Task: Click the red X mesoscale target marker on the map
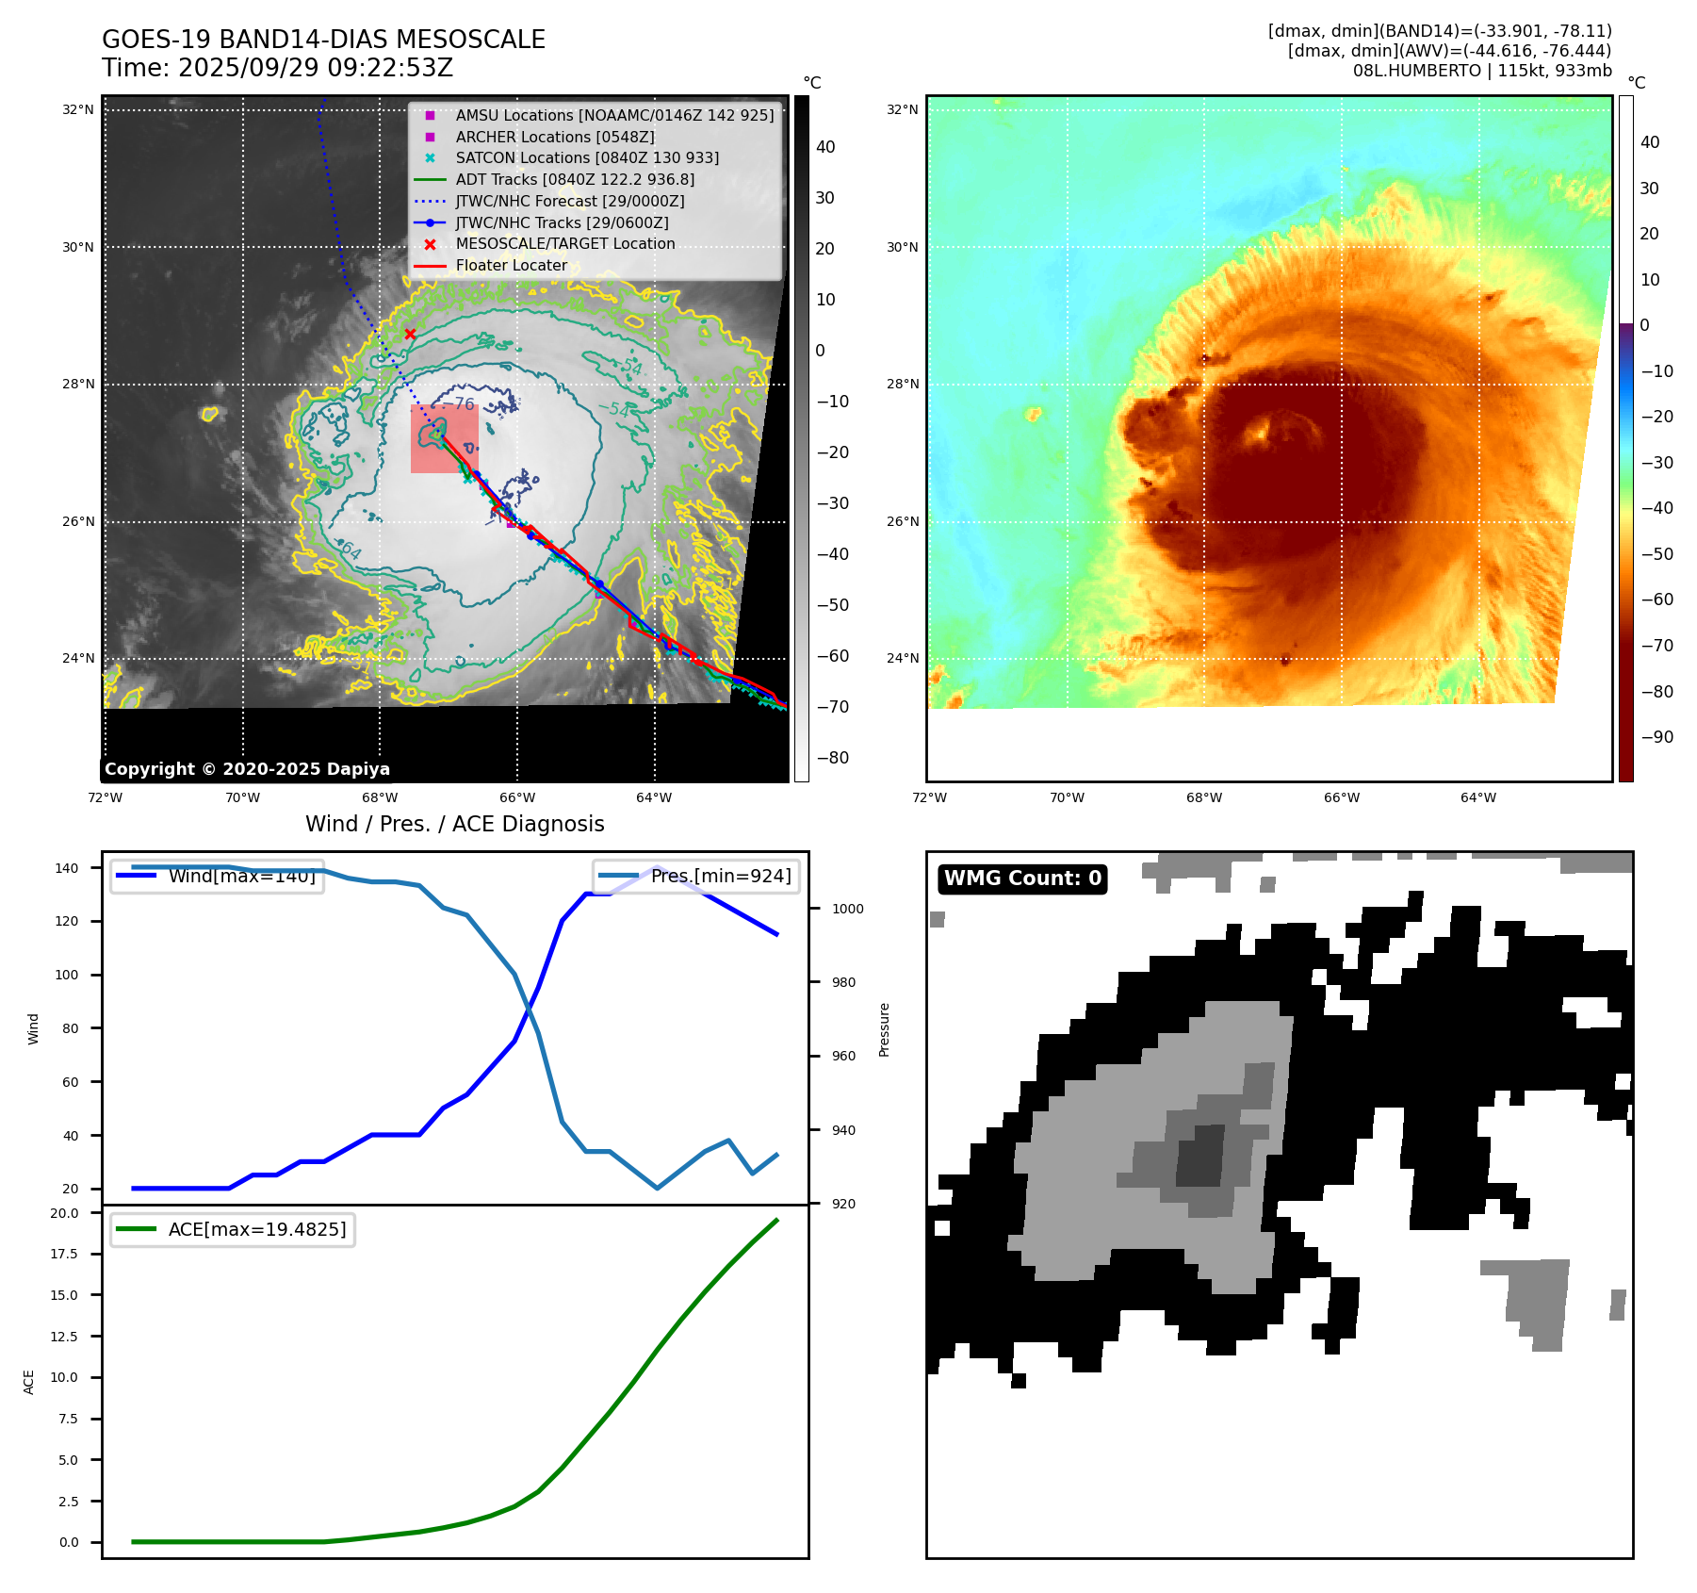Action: point(410,334)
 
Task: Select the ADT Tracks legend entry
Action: point(575,179)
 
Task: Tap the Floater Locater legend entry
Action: point(511,266)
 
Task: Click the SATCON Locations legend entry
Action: point(586,157)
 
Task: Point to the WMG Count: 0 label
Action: point(1022,879)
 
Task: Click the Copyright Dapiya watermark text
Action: point(247,769)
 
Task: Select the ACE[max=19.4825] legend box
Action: point(233,1229)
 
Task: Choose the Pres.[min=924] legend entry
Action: point(696,876)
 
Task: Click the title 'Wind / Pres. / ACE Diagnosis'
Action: point(454,824)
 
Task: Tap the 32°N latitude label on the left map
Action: point(78,110)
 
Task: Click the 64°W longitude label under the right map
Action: point(1478,797)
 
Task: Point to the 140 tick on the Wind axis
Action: point(67,868)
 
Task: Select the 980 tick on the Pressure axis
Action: point(843,982)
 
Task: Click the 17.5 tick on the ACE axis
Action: point(64,1254)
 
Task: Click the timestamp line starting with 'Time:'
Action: point(278,68)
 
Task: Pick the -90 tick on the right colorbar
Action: point(1656,737)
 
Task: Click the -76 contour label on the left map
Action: point(464,404)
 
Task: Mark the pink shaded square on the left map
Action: point(445,439)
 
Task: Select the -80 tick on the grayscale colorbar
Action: point(832,758)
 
